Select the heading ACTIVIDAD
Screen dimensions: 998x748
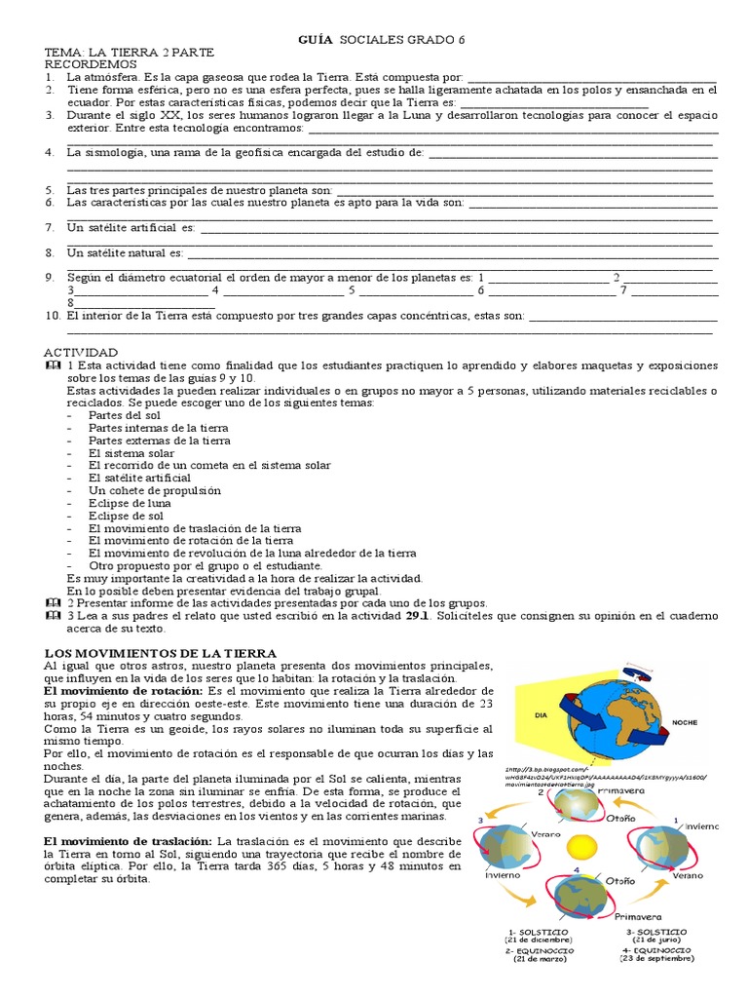coord(81,352)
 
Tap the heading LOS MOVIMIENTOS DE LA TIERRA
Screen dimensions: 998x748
coord(162,652)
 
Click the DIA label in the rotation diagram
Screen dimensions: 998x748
coord(543,713)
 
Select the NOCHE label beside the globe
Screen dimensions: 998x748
coord(686,723)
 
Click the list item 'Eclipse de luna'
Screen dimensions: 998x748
coord(130,503)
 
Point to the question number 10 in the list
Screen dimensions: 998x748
coord(53,317)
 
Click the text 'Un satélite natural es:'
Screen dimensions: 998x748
coord(125,253)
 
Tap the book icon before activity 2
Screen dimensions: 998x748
coord(52,603)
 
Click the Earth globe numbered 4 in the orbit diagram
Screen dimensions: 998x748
coord(580,892)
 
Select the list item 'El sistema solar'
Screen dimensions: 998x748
coord(131,452)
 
